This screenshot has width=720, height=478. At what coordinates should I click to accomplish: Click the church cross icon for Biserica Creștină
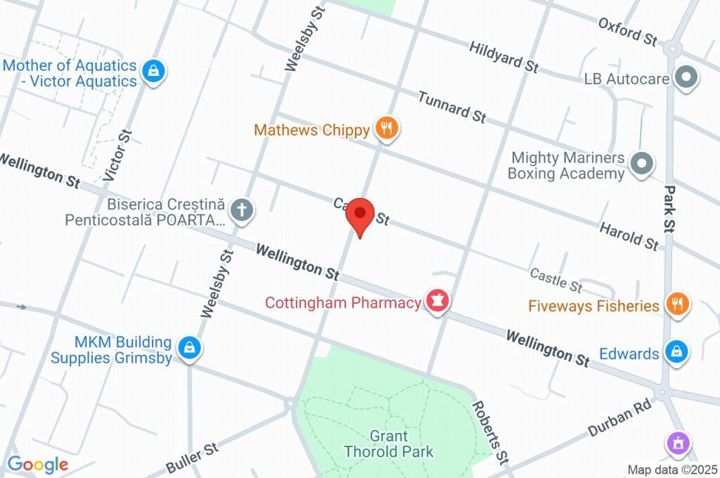click(x=242, y=209)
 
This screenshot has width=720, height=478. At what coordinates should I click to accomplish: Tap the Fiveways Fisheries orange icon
click(x=677, y=304)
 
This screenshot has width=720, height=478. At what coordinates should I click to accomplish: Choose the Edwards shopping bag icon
click(x=676, y=352)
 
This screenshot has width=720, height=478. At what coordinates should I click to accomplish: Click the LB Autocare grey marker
click(x=686, y=77)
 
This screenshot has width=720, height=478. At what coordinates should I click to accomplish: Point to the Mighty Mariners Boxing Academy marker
click(x=641, y=164)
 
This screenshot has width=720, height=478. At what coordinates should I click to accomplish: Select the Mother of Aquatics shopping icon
click(x=153, y=71)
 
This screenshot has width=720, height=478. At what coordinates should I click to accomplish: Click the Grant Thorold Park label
click(x=388, y=444)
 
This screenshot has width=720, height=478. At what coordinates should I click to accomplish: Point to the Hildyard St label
click(x=503, y=56)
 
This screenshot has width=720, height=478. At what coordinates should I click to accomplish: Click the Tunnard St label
click(x=451, y=106)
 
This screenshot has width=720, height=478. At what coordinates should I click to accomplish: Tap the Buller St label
click(x=192, y=456)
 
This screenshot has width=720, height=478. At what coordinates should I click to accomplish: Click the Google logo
click(x=37, y=465)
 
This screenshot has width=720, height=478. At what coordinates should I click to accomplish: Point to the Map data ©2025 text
click(x=672, y=470)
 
